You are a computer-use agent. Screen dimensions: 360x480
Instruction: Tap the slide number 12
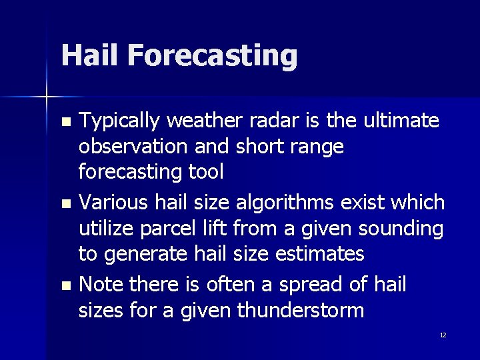tap(443, 335)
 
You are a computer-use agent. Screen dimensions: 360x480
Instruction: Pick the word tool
tap(205, 172)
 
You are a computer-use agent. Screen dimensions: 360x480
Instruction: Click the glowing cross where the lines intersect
tap(47, 97)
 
